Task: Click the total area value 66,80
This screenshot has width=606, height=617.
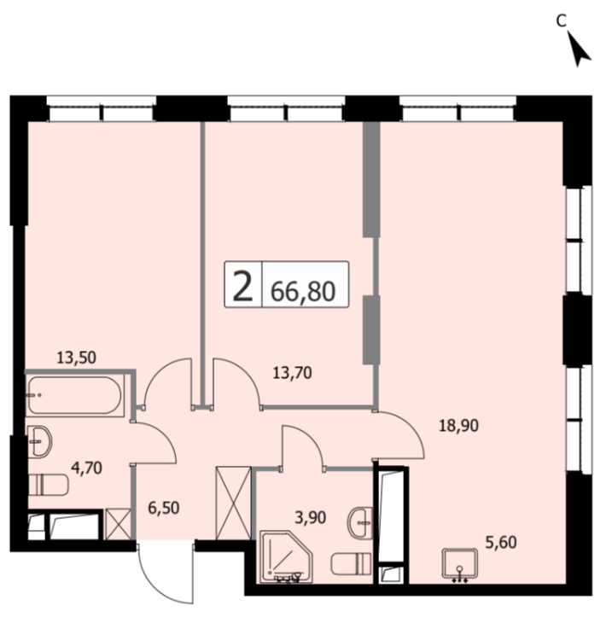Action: (303, 291)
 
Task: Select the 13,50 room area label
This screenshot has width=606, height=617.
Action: (76, 358)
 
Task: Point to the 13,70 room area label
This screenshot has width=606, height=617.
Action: (293, 372)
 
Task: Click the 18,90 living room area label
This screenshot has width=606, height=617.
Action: (459, 426)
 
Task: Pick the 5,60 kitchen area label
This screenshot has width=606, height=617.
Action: (501, 543)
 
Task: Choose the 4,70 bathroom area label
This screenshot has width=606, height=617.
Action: (86, 469)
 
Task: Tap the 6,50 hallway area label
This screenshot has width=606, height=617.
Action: (164, 508)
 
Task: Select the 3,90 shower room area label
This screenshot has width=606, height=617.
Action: (311, 518)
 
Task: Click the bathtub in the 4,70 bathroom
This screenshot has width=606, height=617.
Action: (75, 395)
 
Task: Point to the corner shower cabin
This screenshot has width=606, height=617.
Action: (286, 556)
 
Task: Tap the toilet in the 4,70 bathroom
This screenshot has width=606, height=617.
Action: (49, 486)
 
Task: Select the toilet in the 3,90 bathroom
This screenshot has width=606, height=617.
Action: (352, 564)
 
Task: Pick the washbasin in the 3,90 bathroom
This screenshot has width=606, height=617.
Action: (359, 523)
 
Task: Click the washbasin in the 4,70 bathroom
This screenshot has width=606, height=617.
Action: (40, 441)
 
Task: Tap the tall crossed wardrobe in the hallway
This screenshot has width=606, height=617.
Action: (233, 503)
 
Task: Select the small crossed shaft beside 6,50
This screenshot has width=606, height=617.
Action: (118, 524)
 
